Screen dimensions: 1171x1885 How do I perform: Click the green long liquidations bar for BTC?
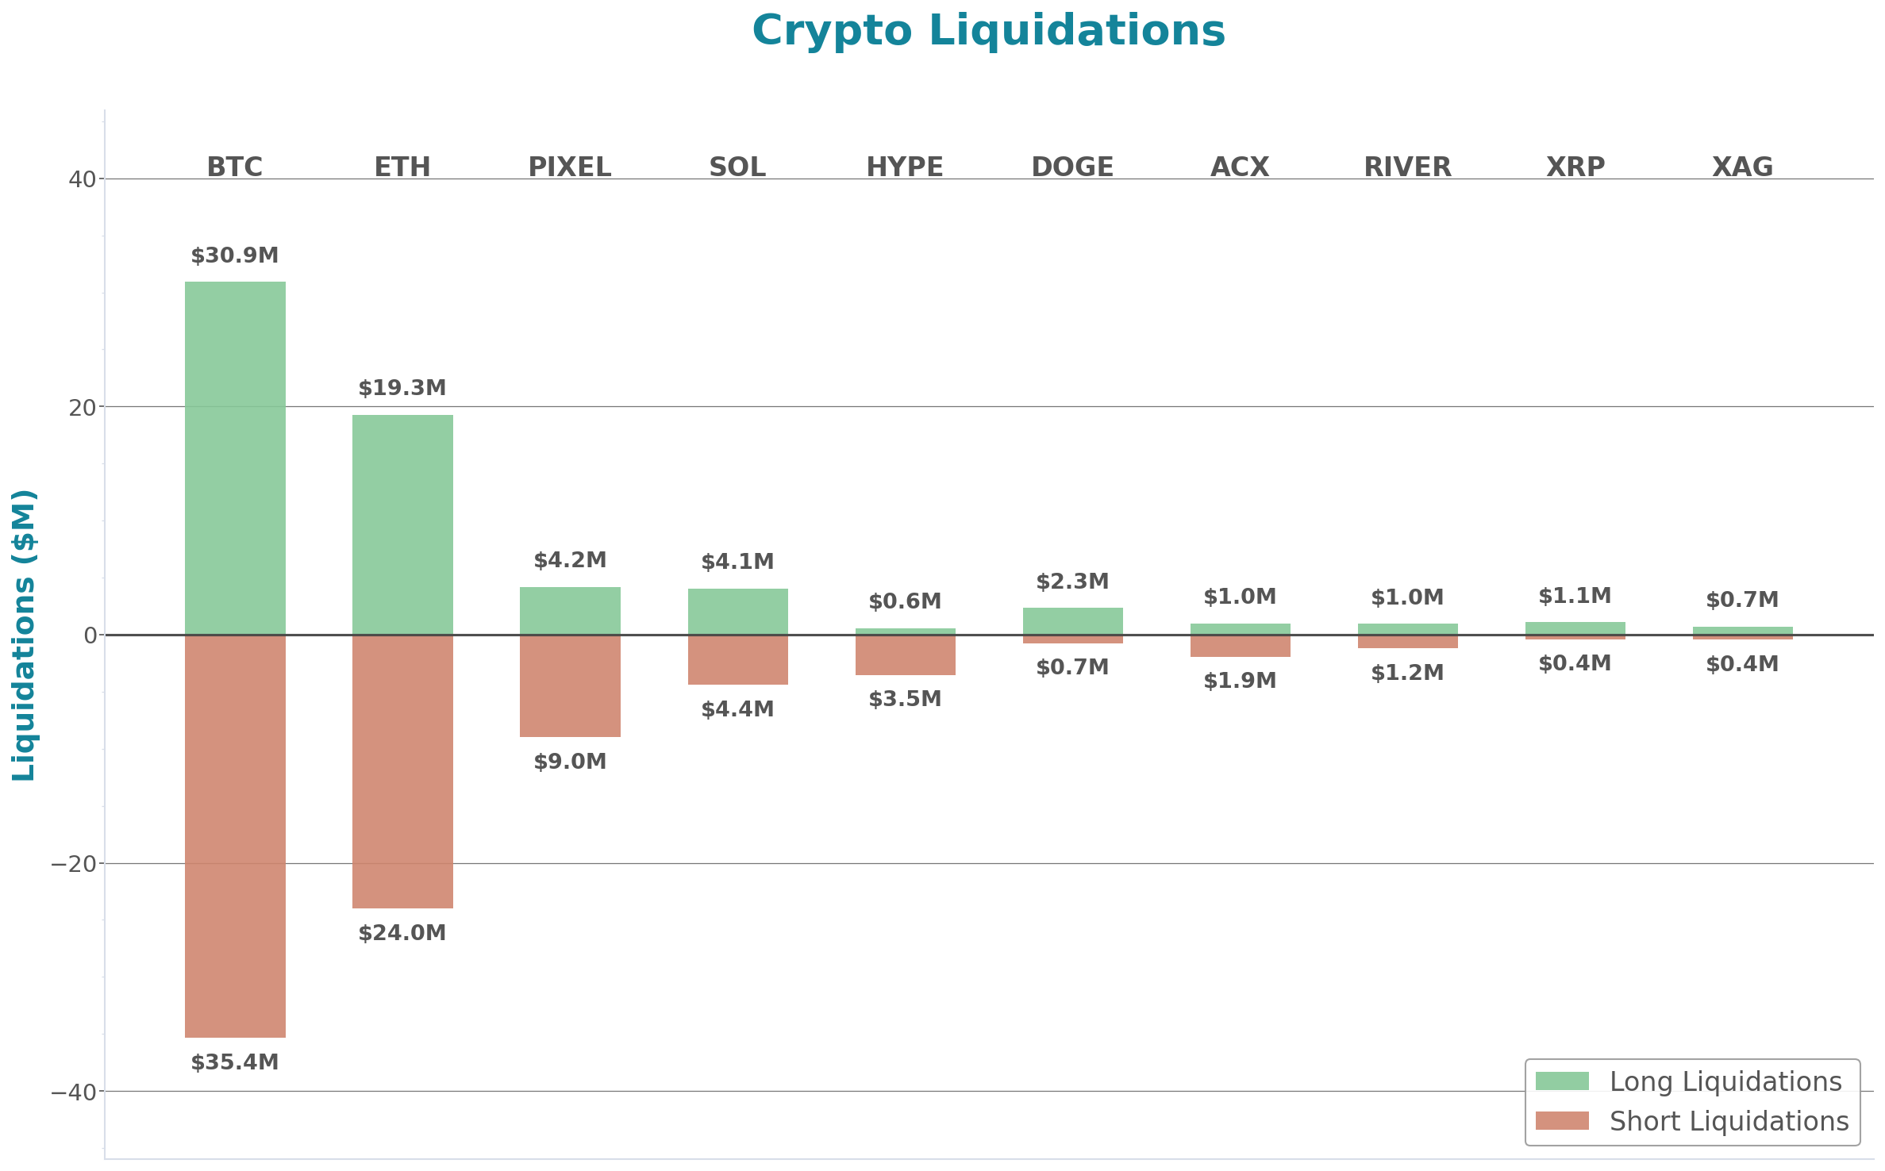(x=235, y=458)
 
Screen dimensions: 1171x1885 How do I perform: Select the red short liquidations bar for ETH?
(x=402, y=771)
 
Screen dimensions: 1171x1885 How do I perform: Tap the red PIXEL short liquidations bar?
(x=570, y=685)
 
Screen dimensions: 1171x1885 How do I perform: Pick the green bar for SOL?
(x=737, y=611)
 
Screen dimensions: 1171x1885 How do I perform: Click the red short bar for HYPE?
(x=905, y=655)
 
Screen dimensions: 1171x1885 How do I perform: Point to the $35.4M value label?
(x=235, y=1062)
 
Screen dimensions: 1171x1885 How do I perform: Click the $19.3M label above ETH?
(x=402, y=388)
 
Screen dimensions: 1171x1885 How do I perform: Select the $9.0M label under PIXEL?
(x=570, y=762)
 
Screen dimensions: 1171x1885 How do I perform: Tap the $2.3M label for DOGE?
(x=1072, y=582)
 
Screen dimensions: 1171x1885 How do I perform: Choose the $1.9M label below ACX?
(x=1240, y=681)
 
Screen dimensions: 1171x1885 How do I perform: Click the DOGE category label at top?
(x=1072, y=167)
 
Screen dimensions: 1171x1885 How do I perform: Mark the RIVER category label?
(x=1407, y=167)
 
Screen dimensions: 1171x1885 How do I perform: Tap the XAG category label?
(x=1742, y=167)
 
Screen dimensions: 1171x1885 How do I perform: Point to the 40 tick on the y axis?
(x=82, y=179)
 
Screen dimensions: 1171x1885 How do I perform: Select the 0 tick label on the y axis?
(x=90, y=635)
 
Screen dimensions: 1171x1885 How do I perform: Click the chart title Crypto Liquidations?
(x=988, y=31)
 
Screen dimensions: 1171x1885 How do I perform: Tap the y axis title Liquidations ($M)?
(x=24, y=635)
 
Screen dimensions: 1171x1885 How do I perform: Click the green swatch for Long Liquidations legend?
(x=1562, y=1081)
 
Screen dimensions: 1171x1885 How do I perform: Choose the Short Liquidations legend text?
(x=1729, y=1121)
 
